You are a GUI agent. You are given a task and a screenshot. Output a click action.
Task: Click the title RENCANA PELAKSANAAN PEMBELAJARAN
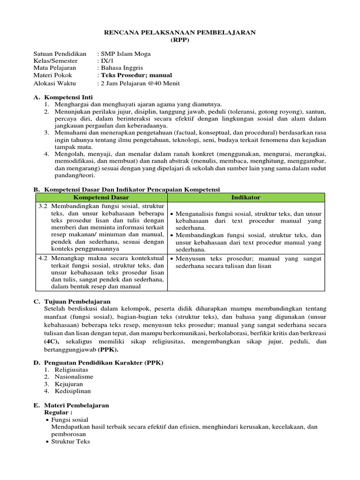point(180,32)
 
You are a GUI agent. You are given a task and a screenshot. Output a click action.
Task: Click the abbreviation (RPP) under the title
point(180,39)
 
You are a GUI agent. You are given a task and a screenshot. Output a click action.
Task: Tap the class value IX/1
point(105,61)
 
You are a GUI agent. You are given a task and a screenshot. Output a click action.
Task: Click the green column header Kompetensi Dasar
point(100,197)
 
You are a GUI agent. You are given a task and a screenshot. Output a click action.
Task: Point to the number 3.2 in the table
point(43,206)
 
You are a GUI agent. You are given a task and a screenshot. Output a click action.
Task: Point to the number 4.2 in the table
point(43,258)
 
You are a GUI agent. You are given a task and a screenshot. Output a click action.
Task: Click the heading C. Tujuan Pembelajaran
point(72,301)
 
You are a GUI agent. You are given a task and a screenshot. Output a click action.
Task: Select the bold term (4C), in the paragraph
point(52,342)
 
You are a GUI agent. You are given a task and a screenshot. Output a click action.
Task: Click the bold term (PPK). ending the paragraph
point(108,349)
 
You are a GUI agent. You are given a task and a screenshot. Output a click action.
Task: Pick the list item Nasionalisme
point(74,376)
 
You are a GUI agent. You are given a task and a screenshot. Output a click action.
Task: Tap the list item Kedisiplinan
point(73,391)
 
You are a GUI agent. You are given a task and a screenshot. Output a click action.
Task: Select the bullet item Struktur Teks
point(71,442)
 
